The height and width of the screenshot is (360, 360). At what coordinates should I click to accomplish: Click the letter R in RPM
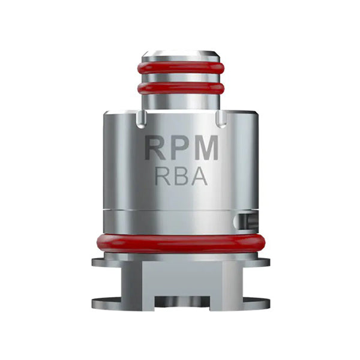[x=156, y=149]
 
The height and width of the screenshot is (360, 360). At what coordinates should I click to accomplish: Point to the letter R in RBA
[x=163, y=177]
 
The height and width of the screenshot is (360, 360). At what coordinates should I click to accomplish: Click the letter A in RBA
[x=198, y=177]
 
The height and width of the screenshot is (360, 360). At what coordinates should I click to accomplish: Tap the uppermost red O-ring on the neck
[x=181, y=67]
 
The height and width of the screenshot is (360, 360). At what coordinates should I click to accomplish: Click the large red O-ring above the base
[x=181, y=244]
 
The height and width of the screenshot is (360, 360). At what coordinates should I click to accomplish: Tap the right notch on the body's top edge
[x=220, y=120]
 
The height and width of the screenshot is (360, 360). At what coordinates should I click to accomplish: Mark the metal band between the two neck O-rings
[x=181, y=78]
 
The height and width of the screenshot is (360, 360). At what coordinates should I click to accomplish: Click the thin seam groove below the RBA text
[x=181, y=209]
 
